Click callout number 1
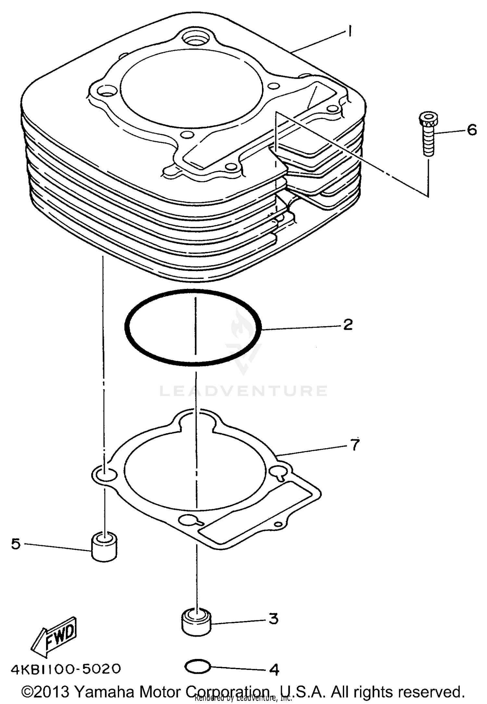(x=349, y=32)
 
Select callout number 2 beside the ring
(x=348, y=325)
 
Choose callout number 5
(x=16, y=544)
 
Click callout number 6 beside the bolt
(x=471, y=130)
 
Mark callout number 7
(x=355, y=445)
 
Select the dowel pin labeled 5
(x=104, y=548)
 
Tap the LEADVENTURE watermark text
(x=243, y=391)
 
